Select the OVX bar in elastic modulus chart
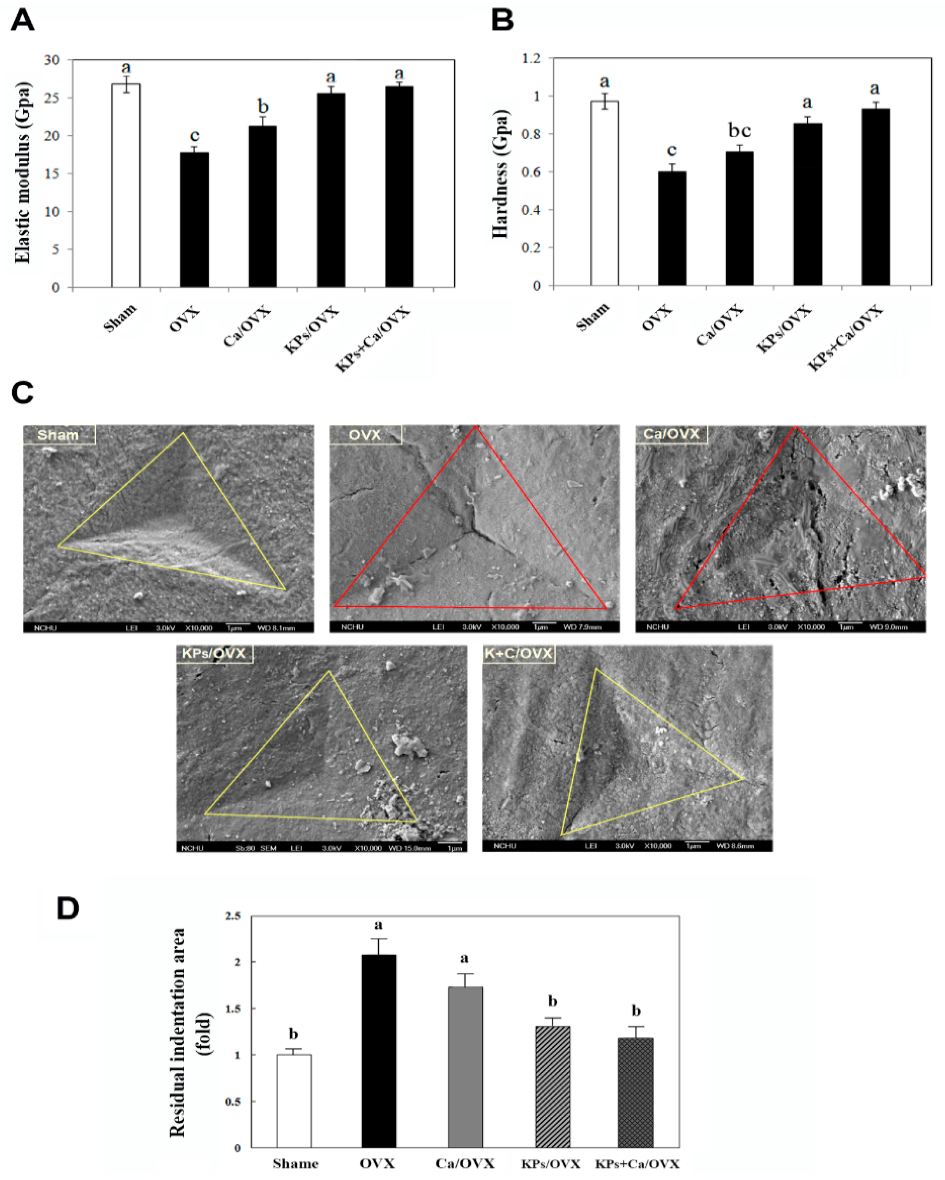tap(194, 219)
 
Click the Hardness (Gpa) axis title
tap(500, 174)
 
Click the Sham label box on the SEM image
tap(59, 435)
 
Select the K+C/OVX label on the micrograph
tap(519, 653)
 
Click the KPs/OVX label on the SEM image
tap(214, 653)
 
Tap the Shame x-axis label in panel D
tap(295, 1163)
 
